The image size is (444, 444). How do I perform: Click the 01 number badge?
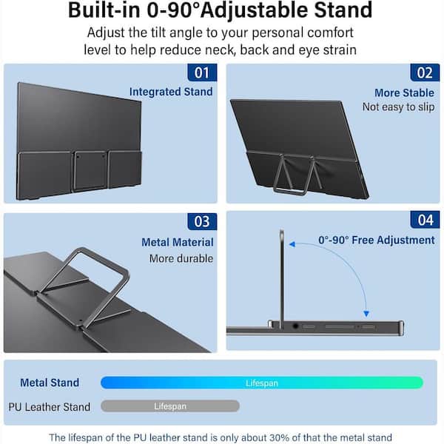click(x=202, y=73)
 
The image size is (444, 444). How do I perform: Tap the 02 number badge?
click(x=425, y=73)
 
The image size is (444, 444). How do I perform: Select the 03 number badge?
click(x=202, y=221)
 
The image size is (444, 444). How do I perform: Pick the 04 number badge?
click(x=425, y=220)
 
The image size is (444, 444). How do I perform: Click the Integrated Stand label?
click(x=171, y=92)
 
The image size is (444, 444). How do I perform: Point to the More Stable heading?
click(x=404, y=93)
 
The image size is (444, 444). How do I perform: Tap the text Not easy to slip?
click(x=398, y=107)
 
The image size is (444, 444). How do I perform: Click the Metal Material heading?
click(x=178, y=242)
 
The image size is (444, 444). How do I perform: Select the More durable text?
click(x=181, y=258)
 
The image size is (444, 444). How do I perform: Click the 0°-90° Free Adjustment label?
click(x=377, y=240)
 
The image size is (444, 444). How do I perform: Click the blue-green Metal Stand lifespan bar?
click(x=262, y=383)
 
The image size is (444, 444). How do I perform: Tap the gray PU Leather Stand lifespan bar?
click(x=170, y=406)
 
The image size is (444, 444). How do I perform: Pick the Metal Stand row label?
click(x=50, y=383)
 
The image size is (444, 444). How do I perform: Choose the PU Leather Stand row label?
click(x=50, y=407)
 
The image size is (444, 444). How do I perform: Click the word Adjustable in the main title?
click(x=255, y=10)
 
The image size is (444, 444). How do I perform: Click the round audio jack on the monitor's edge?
click(x=295, y=326)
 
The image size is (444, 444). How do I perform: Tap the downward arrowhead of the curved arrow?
click(x=366, y=314)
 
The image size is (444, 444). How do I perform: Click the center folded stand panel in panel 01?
click(x=90, y=170)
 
